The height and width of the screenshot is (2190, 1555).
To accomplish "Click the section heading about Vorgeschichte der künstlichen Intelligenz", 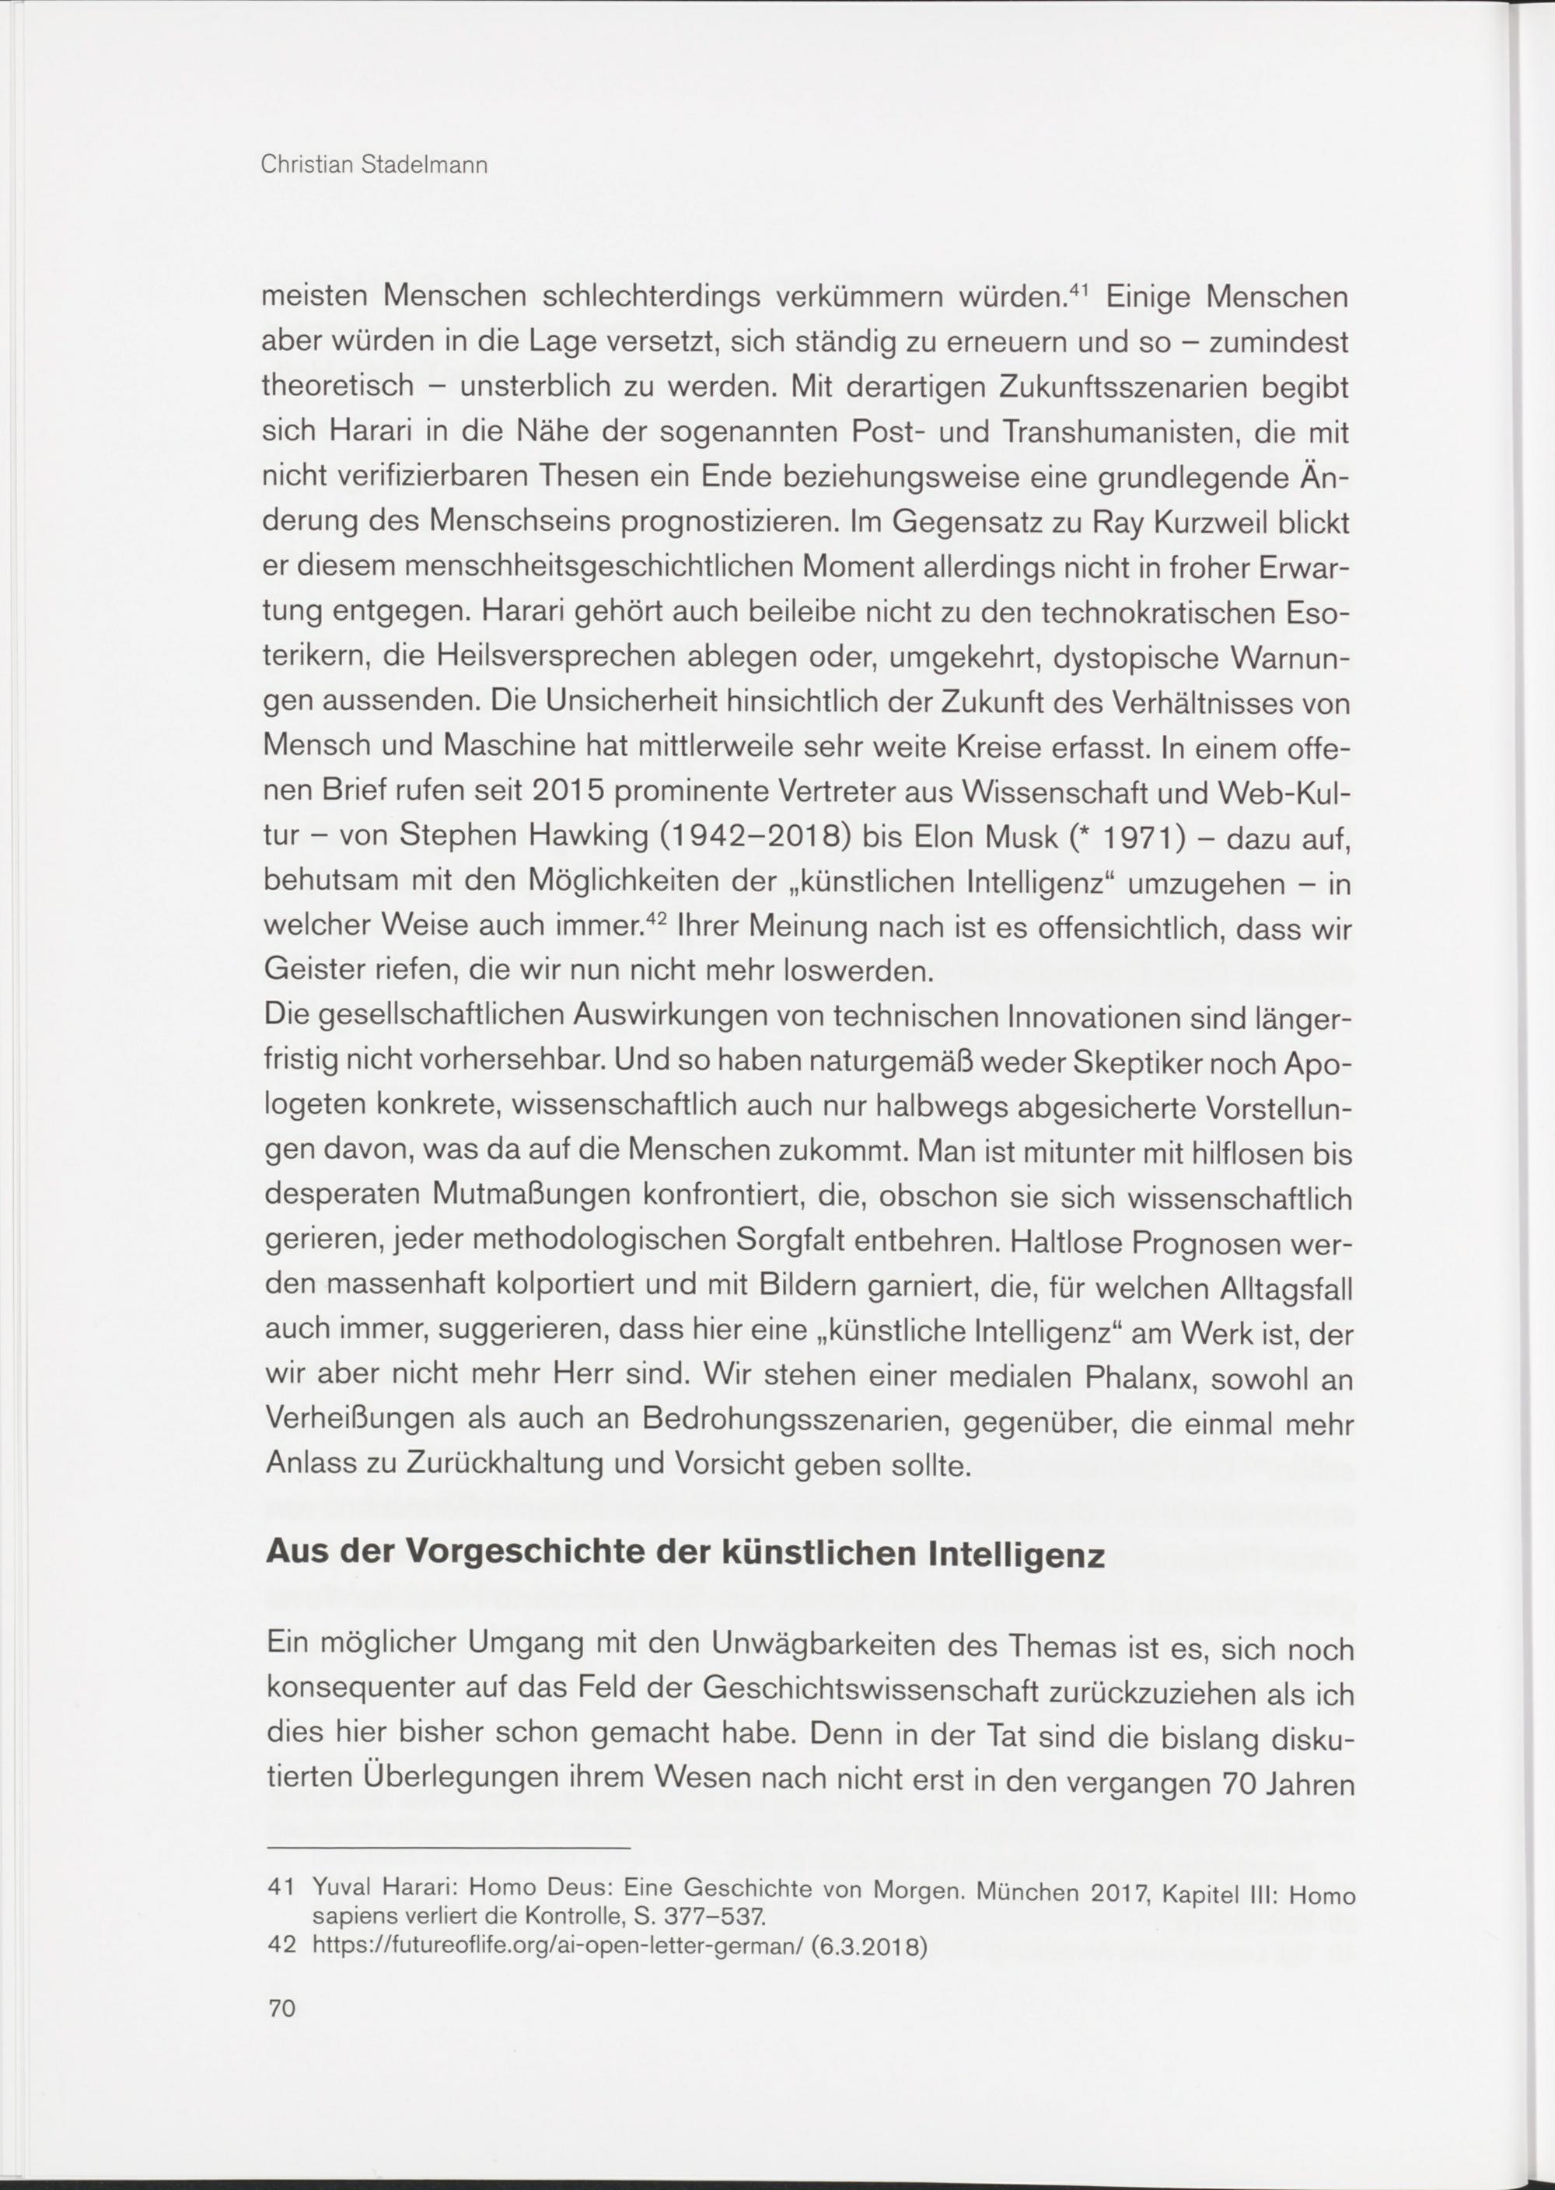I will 685,1553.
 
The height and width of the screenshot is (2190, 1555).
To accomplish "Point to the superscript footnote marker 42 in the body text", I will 656,918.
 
